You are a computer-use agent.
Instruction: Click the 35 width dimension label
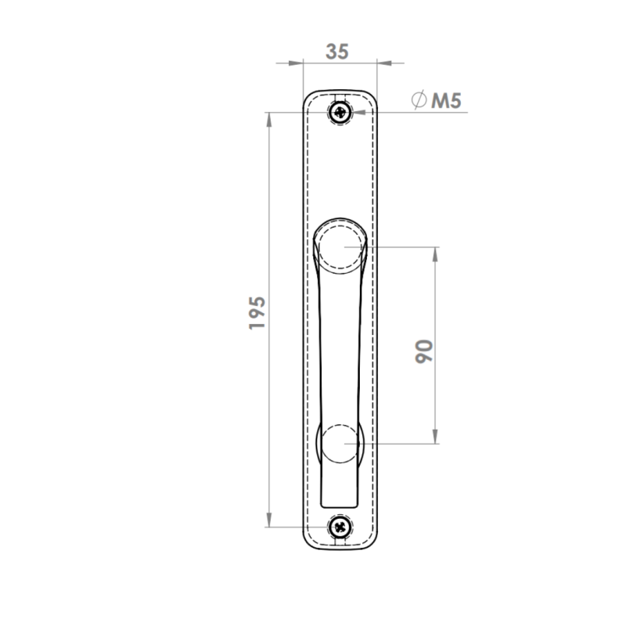337,52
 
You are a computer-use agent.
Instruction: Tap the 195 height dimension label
257,313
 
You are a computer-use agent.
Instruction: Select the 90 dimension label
424,351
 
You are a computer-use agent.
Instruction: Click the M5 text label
446,100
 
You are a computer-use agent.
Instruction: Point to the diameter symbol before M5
419,99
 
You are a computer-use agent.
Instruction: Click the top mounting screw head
340,112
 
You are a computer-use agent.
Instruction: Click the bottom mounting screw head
340,527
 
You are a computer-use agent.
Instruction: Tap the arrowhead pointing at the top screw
358,112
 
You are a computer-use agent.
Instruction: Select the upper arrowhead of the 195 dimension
269,120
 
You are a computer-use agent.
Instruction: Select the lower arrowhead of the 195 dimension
269,520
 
